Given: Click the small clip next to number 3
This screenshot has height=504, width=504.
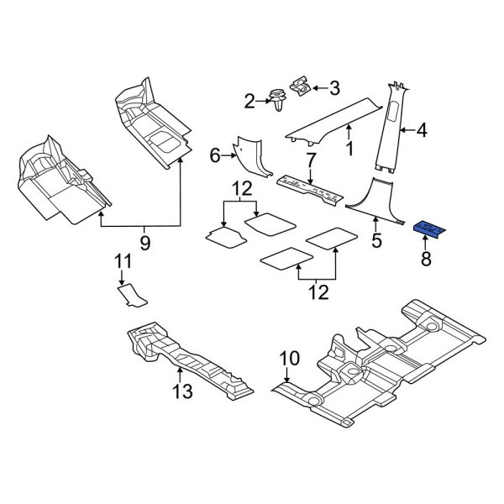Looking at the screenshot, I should pyautogui.click(x=299, y=85).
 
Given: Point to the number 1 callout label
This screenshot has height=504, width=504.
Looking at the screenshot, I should pyautogui.click(x=349, y=149).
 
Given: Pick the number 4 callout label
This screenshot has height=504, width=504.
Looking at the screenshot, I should pyautogui.click(x=422, y=130).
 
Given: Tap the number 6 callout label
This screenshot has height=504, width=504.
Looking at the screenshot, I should pyautogui.click(x=214, y=155).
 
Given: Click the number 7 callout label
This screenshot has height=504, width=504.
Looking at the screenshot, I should pyautogui.click(x=310, y=158).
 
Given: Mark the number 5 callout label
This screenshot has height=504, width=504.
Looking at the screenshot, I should pyautogui.click(x=376, y=241).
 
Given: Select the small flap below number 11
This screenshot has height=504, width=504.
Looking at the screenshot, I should pyautogui.click(x=130, y=294).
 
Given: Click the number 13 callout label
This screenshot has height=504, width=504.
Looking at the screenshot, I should pyautogui.click(x=181, y=391).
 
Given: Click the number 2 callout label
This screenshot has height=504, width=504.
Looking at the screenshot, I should pyautogui.click(x=249, y=102).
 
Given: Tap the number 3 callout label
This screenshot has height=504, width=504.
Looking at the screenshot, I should pyautogui.click(x=333, y=87).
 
